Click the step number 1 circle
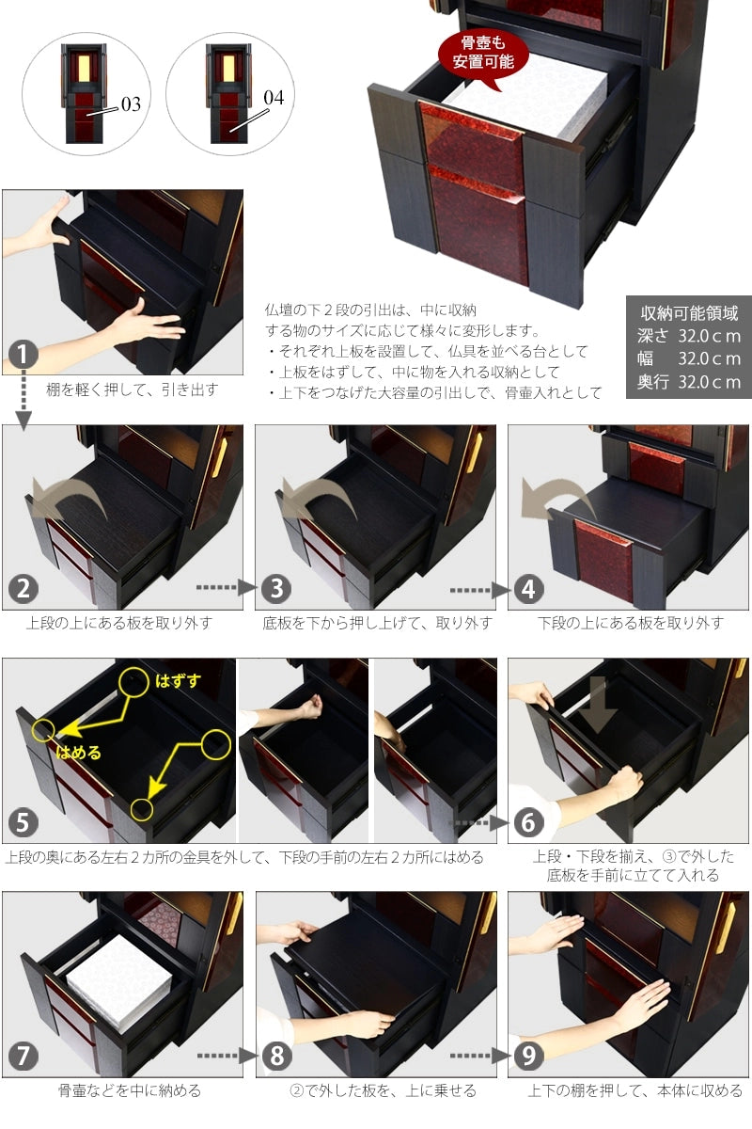coord(23,356)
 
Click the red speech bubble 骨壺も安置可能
coord(482,54)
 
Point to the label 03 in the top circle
coord(130,103)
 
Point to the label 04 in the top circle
coord(274,97)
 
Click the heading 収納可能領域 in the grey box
coord(689,313)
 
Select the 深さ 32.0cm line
coord(689,336)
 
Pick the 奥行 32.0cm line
coord(689,382)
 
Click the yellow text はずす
coord(179,680)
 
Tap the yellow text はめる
coord(78,753)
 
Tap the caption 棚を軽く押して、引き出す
coord(132,390)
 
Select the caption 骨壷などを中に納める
coord(129,1091)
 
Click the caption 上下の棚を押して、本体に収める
coord(634,1091)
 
